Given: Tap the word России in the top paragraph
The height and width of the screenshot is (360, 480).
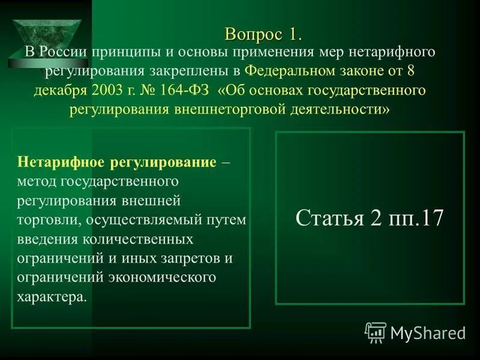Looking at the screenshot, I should coord(62,52).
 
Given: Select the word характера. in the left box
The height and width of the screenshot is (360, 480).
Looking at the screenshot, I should coord(52,297).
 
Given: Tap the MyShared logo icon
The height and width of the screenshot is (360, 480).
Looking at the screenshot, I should coord(376,332).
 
